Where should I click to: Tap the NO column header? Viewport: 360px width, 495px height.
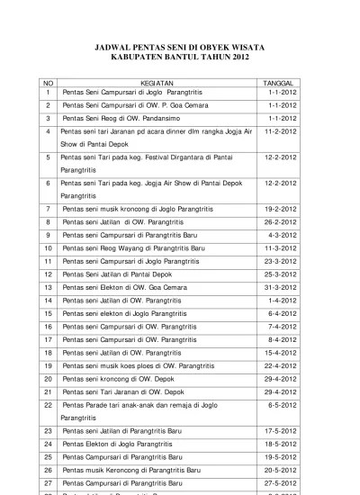tap(48, 80)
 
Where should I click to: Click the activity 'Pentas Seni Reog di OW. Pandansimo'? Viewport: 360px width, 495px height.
tap(117, 118)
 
